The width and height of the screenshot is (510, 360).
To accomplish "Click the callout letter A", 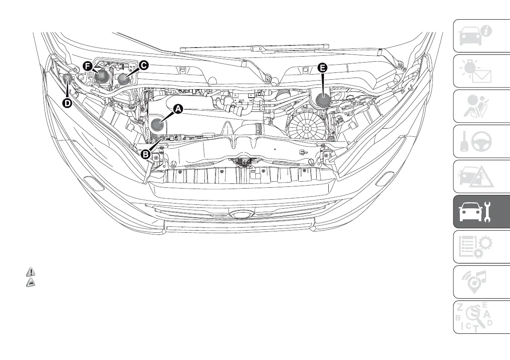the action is click(x=177, y=110).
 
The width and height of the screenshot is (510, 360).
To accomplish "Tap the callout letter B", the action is click(x=146, y=153).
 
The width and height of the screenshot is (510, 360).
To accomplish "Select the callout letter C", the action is click(x=143, y=65).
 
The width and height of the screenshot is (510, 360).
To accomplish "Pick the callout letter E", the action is click(x=322, y=67).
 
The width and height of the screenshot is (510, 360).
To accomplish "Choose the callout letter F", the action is click(x=88, y=66).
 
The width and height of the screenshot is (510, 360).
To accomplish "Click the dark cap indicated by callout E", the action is click(x=323, y=101).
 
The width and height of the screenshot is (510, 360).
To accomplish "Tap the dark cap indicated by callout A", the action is click(x=158, y=125).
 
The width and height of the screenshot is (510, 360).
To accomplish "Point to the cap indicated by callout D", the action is click(x=67, y=78).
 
